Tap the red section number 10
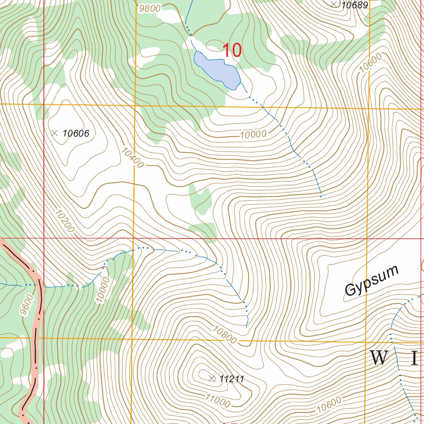coord(232,51)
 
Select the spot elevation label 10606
coord(76,133)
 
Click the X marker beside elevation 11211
coord(212,378)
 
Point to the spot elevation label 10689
coord(354,5)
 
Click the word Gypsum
coord(371,281)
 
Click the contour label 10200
coord(65,222)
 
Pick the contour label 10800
coord(225,335)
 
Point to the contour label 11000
coord(217,400)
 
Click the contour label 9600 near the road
coord(26,305)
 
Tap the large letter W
coord(378,358)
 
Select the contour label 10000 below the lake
coord(253,134)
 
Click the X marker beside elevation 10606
coord(54,133)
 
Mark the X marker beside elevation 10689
coord(334,4)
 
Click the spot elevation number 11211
coord(232,378)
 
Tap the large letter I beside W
coord(414,358)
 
